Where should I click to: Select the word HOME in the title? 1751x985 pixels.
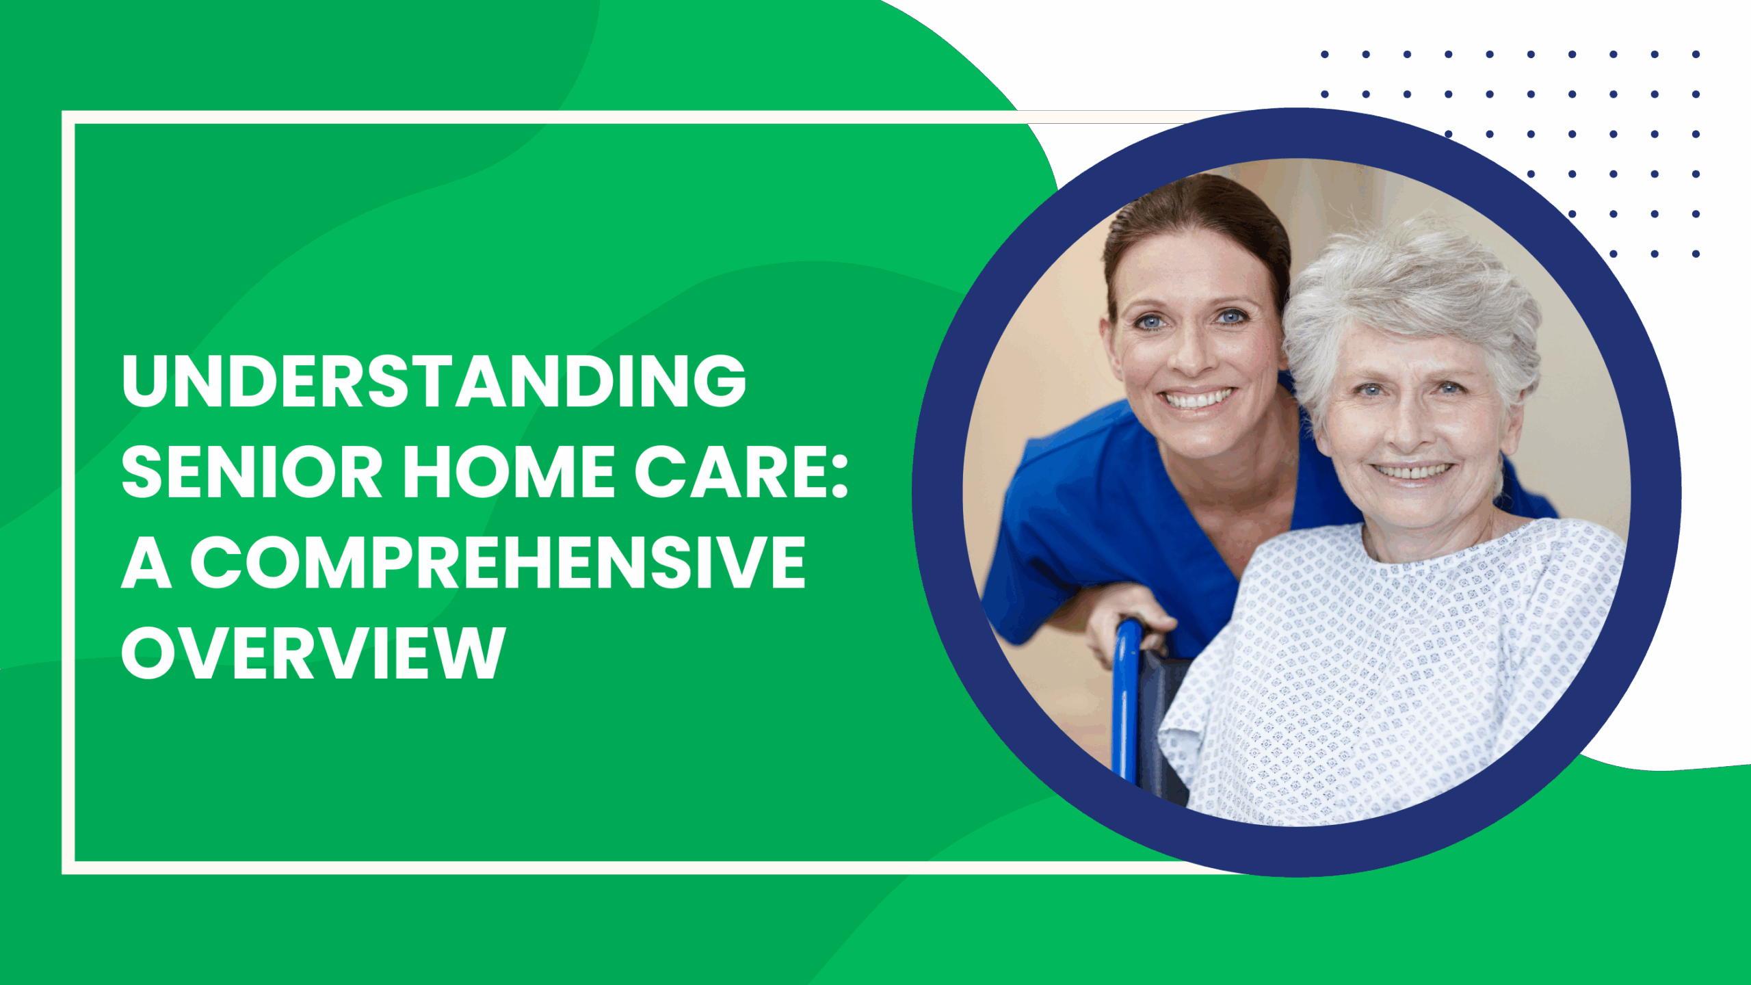(x=510, y=472)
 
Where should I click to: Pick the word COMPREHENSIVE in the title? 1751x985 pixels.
(x=498, y=562)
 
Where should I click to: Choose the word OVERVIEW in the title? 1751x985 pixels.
(x=313, y=653)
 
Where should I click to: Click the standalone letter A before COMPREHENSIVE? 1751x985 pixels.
(x=146, y=562)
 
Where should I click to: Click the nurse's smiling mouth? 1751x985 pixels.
(x=1198, y=397)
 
